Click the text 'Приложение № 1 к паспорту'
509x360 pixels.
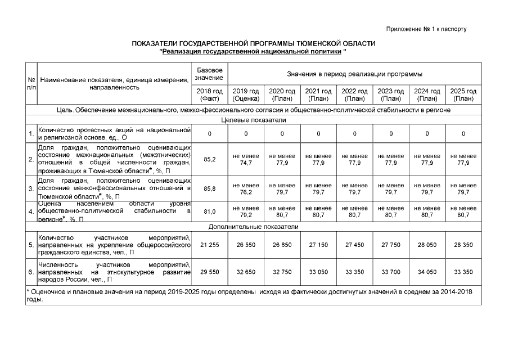click(x=427, y=29)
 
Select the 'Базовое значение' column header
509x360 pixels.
click(x=209, y=73)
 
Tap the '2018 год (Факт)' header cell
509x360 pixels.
click(x=209, y=94)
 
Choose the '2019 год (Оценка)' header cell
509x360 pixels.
click(x=246, y=94)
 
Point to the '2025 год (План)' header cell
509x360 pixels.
click(x=463, y=94)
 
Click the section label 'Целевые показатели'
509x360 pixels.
click(x=254, y=120)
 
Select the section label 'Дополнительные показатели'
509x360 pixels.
click(x=254, y=227)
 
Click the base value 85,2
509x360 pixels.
click(x=209, y=159)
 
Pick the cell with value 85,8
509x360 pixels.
click(x=209, y=188)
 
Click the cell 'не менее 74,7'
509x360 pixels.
click(x=246, y=159)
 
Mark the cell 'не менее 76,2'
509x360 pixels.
click(x=246, y=188)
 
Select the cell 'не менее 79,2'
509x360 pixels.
click(x=246, y=211)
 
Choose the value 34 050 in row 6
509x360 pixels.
click(x=427, y=272)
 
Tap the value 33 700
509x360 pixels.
click(x=390, y=272)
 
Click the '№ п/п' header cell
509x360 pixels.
click(x=31, y=84)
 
